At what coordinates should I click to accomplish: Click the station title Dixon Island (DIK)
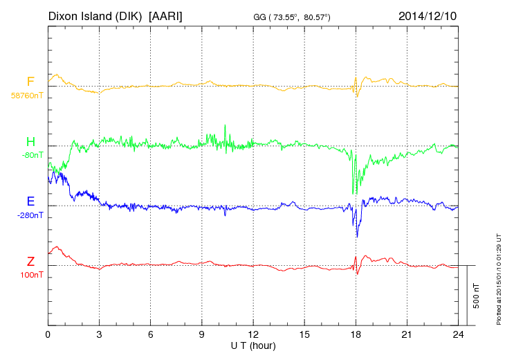click(95, 15)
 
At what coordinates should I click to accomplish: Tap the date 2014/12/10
click(428, 15)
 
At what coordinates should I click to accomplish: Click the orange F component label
click(30, 82)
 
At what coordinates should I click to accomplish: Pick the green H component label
click(30, 142)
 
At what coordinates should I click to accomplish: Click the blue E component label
click(30, 201)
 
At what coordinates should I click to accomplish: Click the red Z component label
click(30, 262)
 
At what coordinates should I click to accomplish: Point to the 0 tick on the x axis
click(48, 334)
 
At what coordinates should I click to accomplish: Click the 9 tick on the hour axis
click(202, 334)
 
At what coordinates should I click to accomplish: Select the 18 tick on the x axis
click(356, 334)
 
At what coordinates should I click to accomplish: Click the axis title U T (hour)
click(253, 345)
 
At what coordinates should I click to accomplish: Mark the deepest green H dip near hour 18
click(354, 193)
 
